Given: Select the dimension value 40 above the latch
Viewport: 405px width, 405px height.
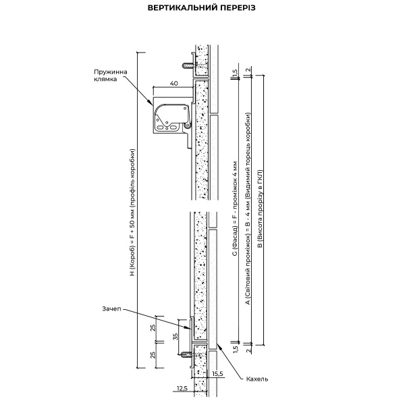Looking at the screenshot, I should [173, 83].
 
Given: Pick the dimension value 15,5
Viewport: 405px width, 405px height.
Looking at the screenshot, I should [216, 373].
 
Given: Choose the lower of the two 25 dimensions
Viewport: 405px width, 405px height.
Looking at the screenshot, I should [154, 355].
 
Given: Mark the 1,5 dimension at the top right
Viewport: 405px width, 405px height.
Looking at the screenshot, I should [234, 72].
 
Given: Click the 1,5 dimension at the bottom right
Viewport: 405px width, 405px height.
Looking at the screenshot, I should [234, 348].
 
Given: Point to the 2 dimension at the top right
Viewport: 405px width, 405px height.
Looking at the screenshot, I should [248, 70].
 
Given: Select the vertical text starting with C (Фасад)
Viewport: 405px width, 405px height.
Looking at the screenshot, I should [234, 210].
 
